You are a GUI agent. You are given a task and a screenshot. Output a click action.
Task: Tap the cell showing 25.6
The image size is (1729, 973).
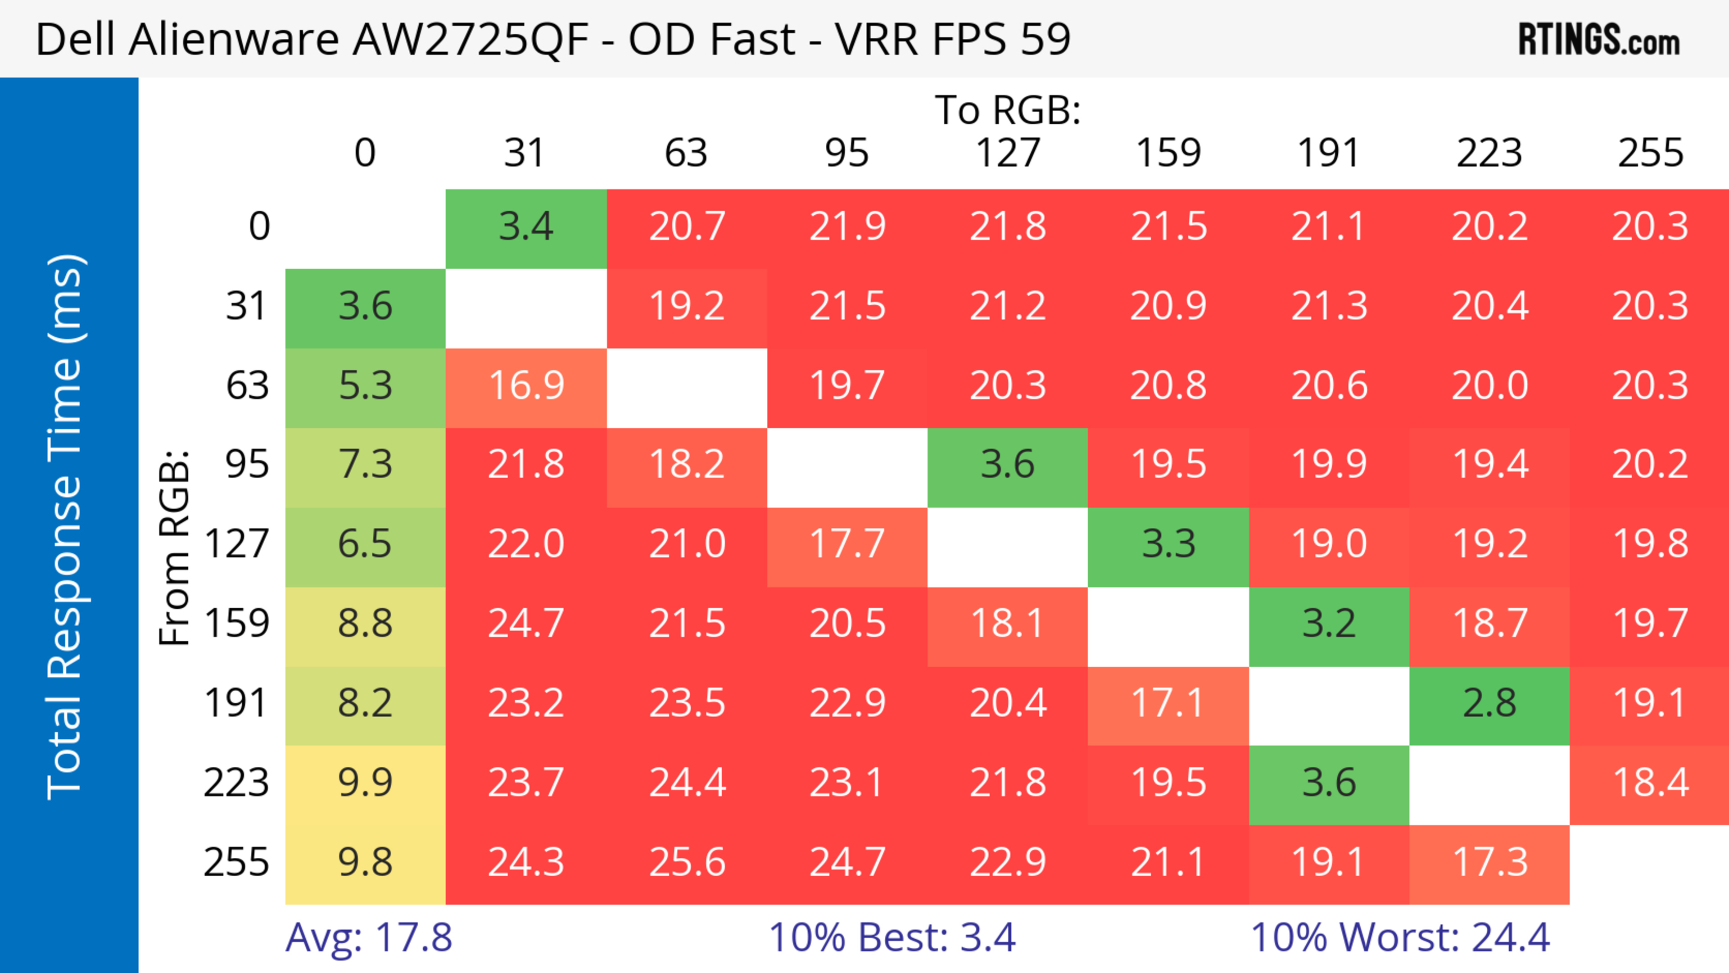(x=687, y=862)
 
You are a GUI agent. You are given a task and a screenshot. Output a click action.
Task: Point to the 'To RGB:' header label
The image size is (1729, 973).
(x=1008, y=109)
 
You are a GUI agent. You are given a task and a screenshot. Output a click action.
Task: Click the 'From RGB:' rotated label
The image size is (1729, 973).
(x=175, y=548)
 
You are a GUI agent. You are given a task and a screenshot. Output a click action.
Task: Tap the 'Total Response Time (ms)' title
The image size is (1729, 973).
(x=66, y=527)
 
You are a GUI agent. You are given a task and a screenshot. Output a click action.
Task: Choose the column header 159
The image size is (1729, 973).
(x=1168, y=153)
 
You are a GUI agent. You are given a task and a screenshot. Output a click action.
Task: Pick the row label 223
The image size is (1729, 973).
(x=236, y=783)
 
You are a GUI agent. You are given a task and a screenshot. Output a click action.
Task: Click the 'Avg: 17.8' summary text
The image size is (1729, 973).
(x=368, y=937)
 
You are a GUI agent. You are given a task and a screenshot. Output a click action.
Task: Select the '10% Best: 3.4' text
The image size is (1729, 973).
(x=892, y=937)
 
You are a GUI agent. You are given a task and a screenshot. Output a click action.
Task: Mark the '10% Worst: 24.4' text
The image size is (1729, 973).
(x=1400, y=937)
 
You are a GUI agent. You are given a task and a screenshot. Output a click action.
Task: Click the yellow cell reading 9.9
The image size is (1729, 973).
(x=365, y=783)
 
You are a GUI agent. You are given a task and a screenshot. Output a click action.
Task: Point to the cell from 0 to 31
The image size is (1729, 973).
(x=526, y=227)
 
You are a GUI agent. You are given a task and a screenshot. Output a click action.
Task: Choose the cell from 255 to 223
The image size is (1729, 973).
(x=1489, y=862)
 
